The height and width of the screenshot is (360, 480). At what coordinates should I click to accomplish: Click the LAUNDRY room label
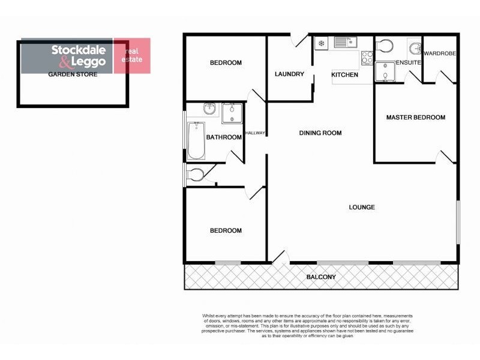(x=289, y=74)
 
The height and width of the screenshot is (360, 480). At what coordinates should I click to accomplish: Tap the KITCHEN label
(x=345, y=75)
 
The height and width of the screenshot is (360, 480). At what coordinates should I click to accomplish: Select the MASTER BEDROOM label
(x=416, y=118)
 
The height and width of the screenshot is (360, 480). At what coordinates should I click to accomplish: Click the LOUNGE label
(x=362, y=208)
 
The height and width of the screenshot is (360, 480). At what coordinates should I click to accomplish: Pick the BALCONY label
(x=321, y=277)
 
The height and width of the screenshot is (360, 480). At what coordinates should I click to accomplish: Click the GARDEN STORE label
(x=73, y=74)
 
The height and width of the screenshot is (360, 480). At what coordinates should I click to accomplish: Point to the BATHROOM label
(x=224, y=137)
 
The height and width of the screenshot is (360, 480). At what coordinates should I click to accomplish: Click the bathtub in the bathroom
(x=196, y=141)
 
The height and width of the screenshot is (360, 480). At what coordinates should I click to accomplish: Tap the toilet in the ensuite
(x=384, y=46)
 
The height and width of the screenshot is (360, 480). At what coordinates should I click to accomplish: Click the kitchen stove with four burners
(x=367, y=58)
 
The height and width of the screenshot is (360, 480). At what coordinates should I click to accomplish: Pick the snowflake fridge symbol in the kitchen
(x=322, y=43)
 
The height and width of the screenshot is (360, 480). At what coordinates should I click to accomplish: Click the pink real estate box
(x=131, y=56)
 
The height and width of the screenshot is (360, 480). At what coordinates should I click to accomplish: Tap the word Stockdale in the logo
(x=79, y=50)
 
